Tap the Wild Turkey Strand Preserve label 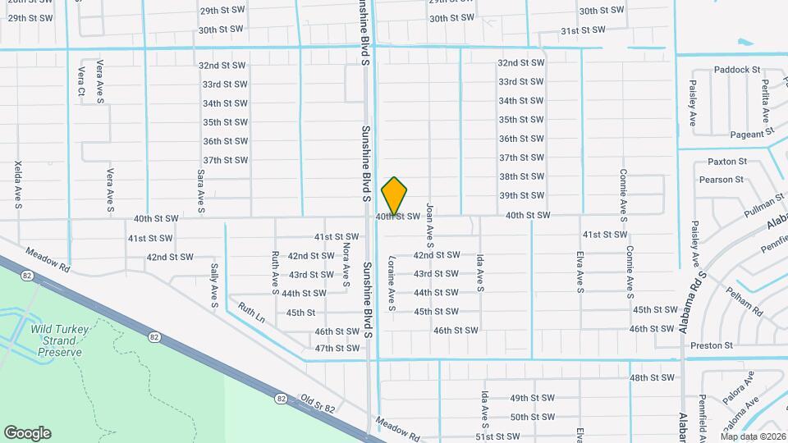click(x=57, y=340)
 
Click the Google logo click(x=27, y=433)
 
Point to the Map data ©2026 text click(x=753, y=436)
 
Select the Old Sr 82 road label click(x=318, y=403)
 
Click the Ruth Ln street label click(x=251, y=313)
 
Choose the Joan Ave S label click(x=429, y=226)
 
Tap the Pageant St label click(x=752, y=131)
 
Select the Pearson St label click(x=721, y=179)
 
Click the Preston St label click(x=712, y=345)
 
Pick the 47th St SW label click(x=337, y=348)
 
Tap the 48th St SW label click(x=652, y=377)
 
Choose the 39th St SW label click(x=522, y=195)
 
